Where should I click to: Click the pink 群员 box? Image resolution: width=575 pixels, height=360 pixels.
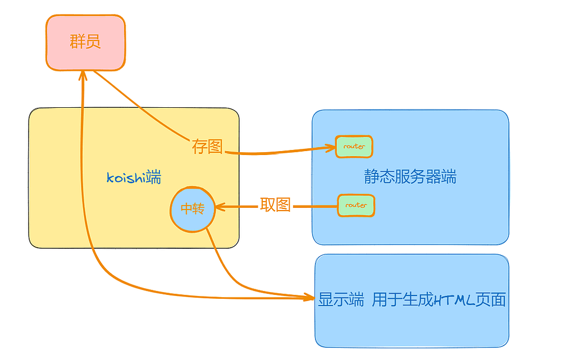pos(85,43)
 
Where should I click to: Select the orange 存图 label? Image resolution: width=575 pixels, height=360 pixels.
pos(207,147)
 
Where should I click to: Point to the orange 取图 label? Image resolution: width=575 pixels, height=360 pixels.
pos(275,205)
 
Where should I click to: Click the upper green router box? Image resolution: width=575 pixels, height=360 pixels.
pos(354,147)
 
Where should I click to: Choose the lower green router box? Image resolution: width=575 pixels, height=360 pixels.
pos(356,206)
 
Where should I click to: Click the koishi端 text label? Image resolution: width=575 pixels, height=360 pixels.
pos(134,178)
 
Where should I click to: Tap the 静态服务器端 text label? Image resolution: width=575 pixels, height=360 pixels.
pos(410,177)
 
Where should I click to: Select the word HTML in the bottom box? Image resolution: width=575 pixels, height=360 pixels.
pos(454,300)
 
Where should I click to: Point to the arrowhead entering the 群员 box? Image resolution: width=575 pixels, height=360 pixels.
pos(83,76)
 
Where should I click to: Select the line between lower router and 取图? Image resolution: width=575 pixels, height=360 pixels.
pos(314,207)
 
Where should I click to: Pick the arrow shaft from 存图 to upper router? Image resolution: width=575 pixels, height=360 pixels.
pos(275,152)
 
